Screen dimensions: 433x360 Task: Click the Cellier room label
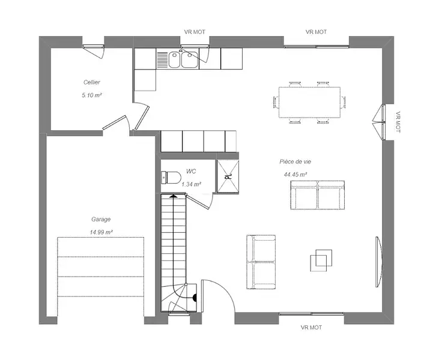click(x=92, y=82)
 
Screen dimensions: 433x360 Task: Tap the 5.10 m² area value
click(x=92, y=95)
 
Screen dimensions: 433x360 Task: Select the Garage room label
click(x=101, y=220)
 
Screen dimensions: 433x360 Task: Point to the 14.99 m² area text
click(x=101, y=232)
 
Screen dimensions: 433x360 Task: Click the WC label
click(x=191, y=172)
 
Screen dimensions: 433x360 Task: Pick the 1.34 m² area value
click(x=191, y=184)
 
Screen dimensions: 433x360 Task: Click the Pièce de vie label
click(x=295, y=161)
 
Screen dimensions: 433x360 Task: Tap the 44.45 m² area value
click(x=295, y=175)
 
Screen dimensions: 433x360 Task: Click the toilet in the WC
click(x=171, y=178)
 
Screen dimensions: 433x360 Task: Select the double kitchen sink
click(x=183, y=59)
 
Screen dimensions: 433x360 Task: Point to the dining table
click(x=309, y=103)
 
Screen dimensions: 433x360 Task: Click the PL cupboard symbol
click(x=228, y=176)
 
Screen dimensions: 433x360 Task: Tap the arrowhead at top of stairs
click(x=173, y=196)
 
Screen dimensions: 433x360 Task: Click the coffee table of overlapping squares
click(x=321, y=260)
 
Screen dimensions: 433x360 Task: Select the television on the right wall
click(x=378, y=262)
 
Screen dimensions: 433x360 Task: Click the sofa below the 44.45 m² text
click(x=317, y=195)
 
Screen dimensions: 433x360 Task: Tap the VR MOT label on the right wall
click(x=398, y=122)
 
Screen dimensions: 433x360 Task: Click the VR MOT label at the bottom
click(x=311, y=328)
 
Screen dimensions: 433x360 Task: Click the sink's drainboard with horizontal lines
click(x=162, y=59)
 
